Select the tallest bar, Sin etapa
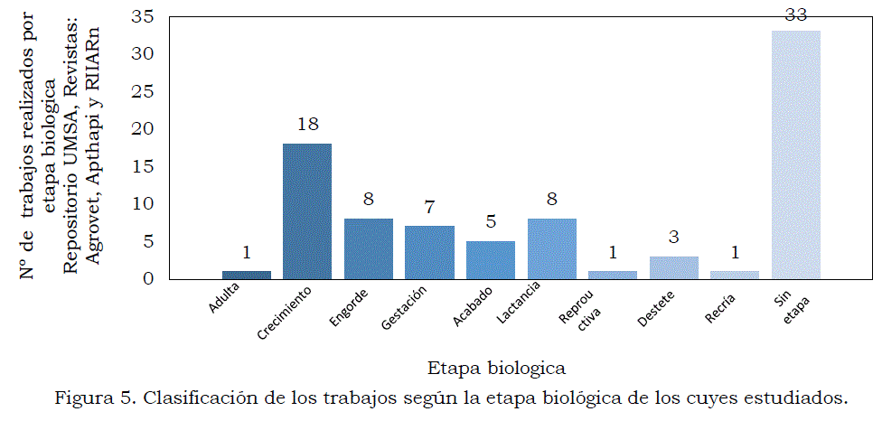796,154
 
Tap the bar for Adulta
246,275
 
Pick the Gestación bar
429,252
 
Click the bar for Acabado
491,259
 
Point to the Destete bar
674,267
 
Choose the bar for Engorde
369,248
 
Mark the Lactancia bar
551,248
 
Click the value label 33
796,14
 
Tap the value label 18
307,125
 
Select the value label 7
429,208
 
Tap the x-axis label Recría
720,309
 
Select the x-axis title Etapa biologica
497,368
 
